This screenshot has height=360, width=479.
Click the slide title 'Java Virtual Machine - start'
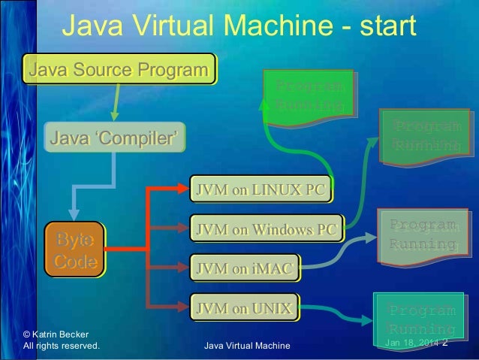(x=238, y=27)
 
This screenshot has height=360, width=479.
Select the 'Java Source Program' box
(x=119, y=71)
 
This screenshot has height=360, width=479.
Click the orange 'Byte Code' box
(x=74, y=250)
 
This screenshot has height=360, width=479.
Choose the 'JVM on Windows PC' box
(x=267, y=229)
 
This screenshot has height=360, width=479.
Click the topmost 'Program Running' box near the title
(x=310, y=93)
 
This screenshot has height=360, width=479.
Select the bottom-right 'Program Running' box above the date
(x=421, y=319)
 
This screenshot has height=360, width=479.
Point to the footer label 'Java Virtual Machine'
(x=251, y=346)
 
